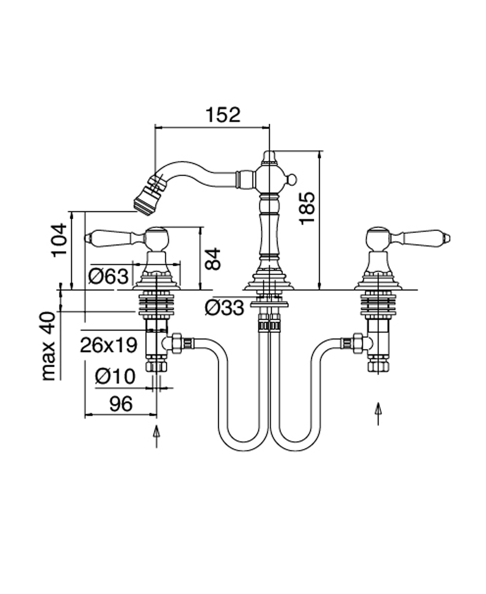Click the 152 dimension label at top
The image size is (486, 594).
pos(222,114)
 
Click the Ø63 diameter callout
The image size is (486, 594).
pos(109,276)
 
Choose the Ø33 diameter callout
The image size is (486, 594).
pos(224,308)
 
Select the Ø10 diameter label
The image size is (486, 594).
pos(114,376)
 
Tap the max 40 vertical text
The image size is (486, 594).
pos(50,346)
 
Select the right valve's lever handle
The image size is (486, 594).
pos(424,237)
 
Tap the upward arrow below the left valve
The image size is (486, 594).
pos(157,435)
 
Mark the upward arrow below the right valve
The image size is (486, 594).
pos(379,413)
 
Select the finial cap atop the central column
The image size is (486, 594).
pos(269,158)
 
